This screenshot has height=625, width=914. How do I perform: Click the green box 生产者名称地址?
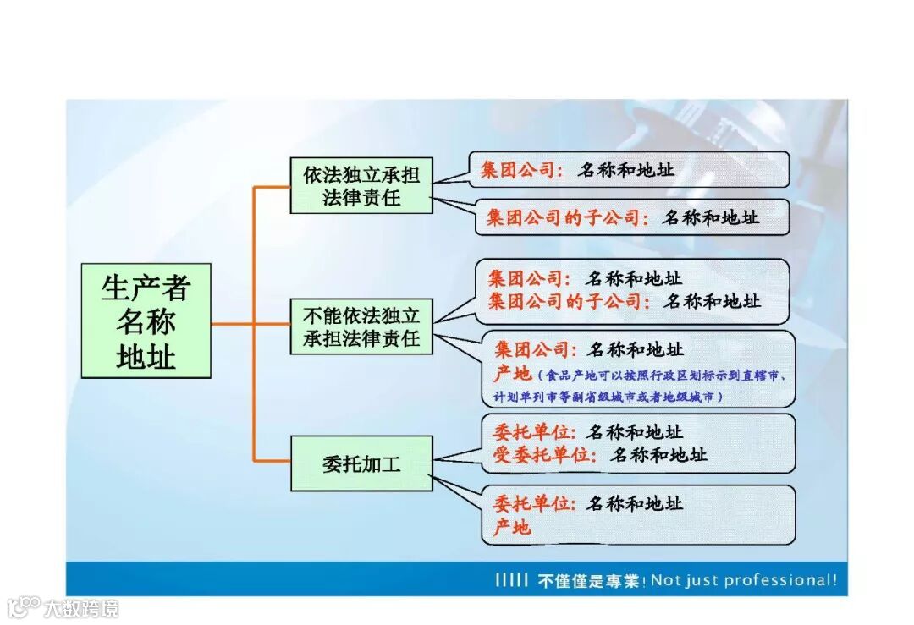(146, 321)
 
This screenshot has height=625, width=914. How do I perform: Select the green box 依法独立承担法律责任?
(361, 186)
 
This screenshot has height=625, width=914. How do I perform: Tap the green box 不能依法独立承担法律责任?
(361, 327)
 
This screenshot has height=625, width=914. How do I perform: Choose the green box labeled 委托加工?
(361, 463)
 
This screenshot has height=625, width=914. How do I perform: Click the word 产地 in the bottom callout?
(512, 527)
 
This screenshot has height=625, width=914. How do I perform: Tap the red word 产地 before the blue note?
(512, 374)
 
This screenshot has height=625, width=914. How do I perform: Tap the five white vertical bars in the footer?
(512, 580)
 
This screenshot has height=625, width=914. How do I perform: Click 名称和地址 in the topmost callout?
(626, 169)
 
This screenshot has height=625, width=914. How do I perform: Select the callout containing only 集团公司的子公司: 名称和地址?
(631, 217)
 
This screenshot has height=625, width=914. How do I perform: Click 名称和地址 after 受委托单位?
(659, 455)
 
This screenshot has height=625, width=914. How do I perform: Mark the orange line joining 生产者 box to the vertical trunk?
(232, 323)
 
